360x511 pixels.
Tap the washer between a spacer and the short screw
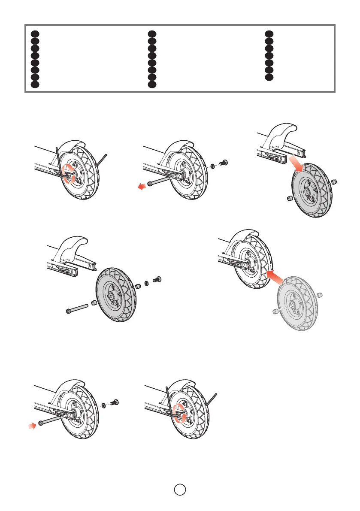[146, 283]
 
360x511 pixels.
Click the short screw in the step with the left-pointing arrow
[224, 163]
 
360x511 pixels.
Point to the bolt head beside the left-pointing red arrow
[150, 184]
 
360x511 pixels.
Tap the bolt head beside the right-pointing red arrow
[40, 423]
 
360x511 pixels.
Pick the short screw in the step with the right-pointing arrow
[115, 402]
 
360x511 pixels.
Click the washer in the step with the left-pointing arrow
[213, 165]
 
